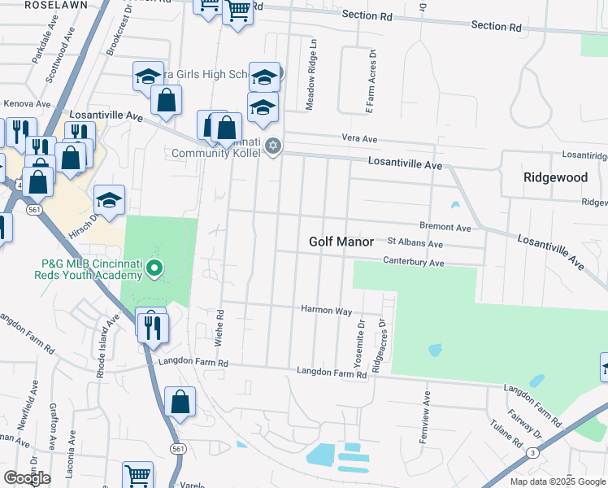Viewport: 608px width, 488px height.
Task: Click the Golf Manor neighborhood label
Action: coord(341,242)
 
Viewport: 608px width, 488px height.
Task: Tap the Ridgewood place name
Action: coord(555,176)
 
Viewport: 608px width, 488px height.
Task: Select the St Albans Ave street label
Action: coord(415,243)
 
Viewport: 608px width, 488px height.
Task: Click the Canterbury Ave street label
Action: coord(415,263)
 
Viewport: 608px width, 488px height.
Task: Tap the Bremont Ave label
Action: coord(445,228)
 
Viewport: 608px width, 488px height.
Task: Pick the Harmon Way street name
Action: coord(326,310)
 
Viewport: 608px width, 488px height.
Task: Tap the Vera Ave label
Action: coord(360,139)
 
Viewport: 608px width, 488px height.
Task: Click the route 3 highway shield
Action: coord(532,451)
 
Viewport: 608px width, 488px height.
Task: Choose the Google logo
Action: coord(27,478)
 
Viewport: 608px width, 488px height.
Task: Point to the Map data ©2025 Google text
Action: coord(558,481)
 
